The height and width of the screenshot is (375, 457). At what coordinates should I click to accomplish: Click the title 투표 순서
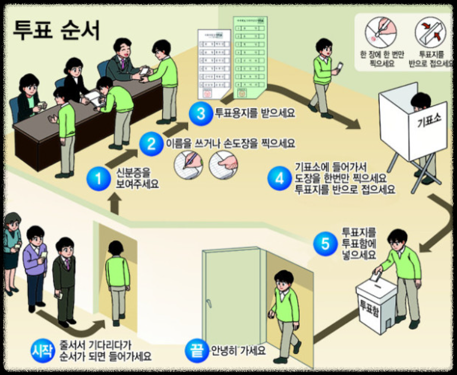click(x=56, y=28)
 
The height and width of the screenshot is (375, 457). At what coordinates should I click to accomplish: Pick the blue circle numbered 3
click(x=201, y=111)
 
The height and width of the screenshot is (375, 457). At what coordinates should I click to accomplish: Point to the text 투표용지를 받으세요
click(x=254, y=111)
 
